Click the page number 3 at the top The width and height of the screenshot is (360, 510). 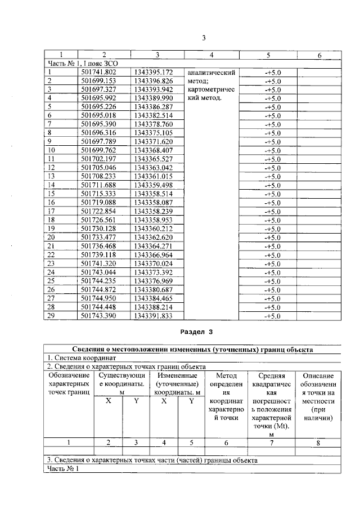pyautogui.click(x=205, y=38)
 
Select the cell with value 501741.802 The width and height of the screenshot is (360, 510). pyautogui.click(x=98, y=72)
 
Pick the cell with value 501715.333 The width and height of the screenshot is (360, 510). pyautogui.click(x=98, y=193)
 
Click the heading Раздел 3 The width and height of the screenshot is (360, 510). pyautogui.click(x=196, y=333)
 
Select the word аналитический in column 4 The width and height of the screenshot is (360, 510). pyautogui.click(x=210, y=73)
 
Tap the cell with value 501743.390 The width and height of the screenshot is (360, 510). pyautogui.click(x=98, y=316)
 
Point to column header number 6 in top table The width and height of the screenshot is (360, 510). pyautogui.click(x=318, y=55)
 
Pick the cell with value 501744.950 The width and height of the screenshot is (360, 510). pyautogui.click(x=98, y=298)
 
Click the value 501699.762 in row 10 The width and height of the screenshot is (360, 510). pyautogui.click(x=98, y=150)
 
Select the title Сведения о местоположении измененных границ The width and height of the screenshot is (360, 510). pyautogui.click(x=193, y=349)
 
